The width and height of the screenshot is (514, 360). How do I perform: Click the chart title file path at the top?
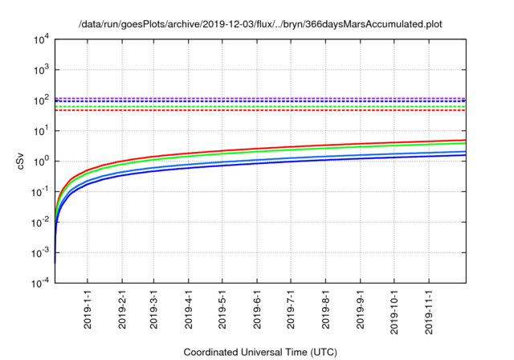(x=261, y=25)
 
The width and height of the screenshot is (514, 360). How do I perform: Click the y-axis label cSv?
(x=22, y=160)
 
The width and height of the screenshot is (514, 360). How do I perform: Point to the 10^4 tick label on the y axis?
(x=41, y=39)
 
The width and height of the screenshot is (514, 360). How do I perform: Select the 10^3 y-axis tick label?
(x=41, y=70)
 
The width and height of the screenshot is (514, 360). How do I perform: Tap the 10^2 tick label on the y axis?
(x=41, y=100)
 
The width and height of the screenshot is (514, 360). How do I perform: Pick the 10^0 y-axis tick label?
(x=41, y=161)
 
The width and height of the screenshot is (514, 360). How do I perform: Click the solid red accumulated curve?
(x=321, y=145)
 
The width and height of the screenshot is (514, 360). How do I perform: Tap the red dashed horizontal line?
(x=241, y=110)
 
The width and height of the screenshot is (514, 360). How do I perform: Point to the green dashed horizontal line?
(x=241, y=106)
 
